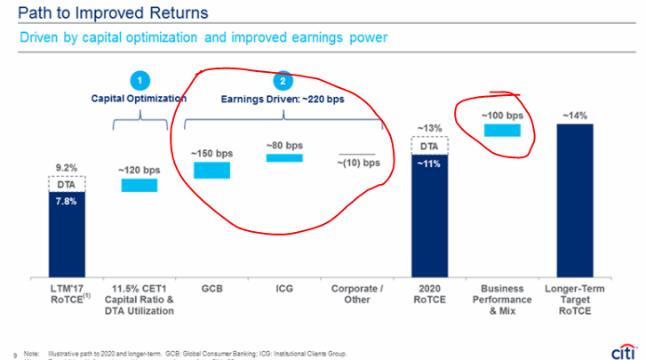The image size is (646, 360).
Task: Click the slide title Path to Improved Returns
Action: point(108,13)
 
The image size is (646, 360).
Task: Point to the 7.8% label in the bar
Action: point(68,201)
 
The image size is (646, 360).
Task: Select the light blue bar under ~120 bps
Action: point(139,185)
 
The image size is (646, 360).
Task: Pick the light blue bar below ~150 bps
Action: point(211,170)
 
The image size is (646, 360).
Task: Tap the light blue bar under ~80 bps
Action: point(284,157)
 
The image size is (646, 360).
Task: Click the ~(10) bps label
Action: point(358,163)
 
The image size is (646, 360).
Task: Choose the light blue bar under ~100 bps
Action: point(502,130)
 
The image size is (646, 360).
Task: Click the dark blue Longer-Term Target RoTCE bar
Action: point(574,200)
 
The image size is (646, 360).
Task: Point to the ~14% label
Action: point(574,115)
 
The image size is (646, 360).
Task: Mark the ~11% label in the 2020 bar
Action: point(430,164)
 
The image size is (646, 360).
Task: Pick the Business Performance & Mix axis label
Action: point(502,301)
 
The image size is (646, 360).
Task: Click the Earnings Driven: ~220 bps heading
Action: point(283,100)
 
